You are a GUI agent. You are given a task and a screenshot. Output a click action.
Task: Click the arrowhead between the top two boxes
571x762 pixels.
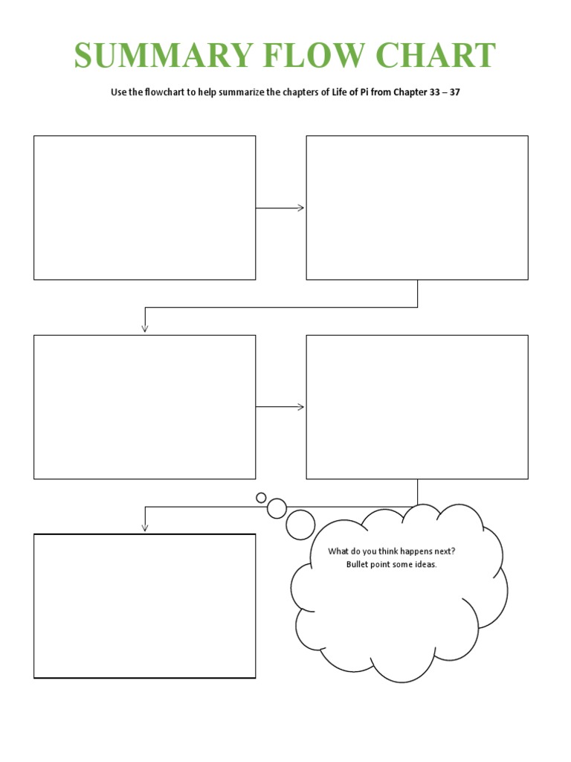[x=301, y=208]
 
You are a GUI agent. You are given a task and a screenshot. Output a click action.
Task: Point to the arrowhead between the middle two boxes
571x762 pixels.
[x=301, y=406]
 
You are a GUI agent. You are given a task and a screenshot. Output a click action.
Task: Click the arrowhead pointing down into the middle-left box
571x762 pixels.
[x=145, y=327]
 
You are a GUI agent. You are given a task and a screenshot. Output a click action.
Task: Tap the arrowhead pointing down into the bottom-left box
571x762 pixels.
[x=145, y=527]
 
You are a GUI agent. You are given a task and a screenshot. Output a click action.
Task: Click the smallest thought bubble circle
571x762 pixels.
[x=261, y=497]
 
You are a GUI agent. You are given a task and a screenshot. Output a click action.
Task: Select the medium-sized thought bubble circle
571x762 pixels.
[x=277, y=508]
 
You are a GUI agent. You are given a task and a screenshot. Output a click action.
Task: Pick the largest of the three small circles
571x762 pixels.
[x=300, y=524]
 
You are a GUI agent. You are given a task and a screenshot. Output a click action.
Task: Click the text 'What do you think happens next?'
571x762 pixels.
[x=391, y=551]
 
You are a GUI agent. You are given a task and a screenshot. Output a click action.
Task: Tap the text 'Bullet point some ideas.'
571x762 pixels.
[x=391, y=564]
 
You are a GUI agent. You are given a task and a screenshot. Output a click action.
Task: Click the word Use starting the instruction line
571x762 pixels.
[x=119, y=95]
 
